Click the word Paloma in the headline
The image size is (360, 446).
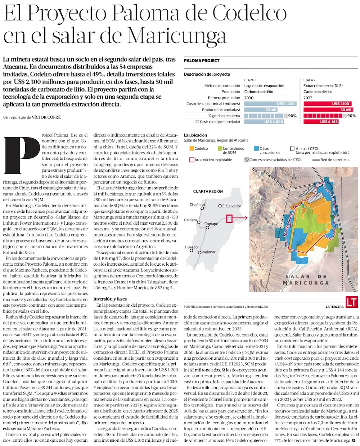[x=144, y=14]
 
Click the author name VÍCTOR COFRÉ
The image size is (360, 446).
[x=46, y=117]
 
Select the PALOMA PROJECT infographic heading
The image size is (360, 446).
[x=202, y=60]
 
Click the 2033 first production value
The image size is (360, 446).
[x=308, y=98]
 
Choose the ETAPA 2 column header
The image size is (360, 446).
[x=310, y=80]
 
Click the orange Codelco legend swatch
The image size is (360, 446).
[x=191, y=148]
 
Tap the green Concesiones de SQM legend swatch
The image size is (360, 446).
[x=220, y=148]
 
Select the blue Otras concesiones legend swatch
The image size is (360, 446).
[x=256, y=148]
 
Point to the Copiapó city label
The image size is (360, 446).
[x=211, y=224]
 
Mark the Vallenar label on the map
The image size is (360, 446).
[x=208, y=252]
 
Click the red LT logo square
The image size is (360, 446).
[x=351, y=302]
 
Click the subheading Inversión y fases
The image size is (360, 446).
[x=110, y=299]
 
